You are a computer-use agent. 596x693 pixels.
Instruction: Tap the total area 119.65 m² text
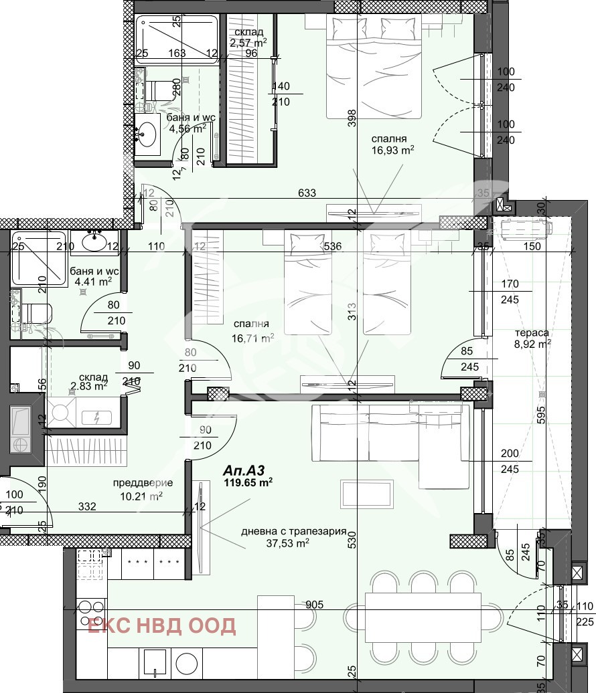click(x=248, y=481)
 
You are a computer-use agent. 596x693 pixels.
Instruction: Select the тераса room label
click(x=532, y=332)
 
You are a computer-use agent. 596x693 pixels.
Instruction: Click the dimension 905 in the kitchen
click(x=314, y=605)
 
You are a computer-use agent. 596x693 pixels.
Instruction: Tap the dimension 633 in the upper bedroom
click(x=307, y=194)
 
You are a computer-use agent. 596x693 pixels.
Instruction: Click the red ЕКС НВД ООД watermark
click(x=162, y=625)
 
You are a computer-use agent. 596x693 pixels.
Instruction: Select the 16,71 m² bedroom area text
click(x=252, y=338)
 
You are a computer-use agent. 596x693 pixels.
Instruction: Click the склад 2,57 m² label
click(x=248, y=38)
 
